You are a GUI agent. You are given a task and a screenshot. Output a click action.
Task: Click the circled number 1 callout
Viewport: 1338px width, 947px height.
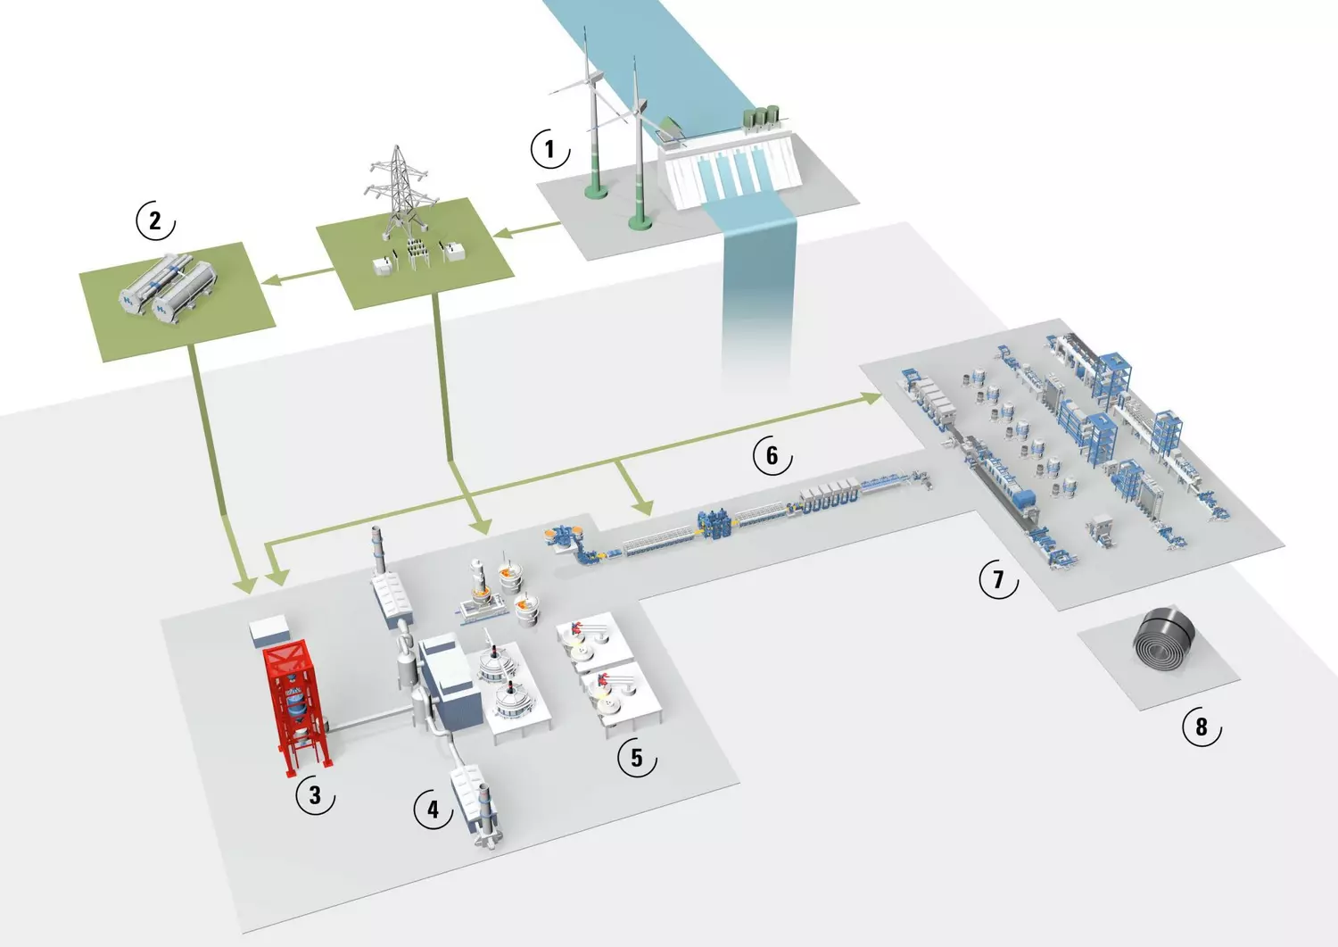pyautogui.click(x=549, y=148)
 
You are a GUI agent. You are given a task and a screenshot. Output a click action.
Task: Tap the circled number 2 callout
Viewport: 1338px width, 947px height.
pyautogui.click(x=155, y=220)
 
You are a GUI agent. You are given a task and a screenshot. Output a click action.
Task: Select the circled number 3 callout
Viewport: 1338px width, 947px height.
pyautogui.click(x=314, y=794)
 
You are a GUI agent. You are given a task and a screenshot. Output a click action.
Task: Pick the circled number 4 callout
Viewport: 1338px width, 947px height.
pyautogui.click(x=433, y=810)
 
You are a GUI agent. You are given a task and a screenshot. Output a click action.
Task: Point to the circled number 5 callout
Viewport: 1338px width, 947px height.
pyautogui.click(x=636, y=758)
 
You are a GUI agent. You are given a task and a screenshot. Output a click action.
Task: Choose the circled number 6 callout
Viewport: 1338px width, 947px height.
pyautogui.click(x=772, y=456)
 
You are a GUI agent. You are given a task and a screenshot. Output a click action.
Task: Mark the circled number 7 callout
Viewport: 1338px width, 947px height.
pyautogui.click(x=998, y=580)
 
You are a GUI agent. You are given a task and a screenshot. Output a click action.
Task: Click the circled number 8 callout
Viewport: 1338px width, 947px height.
pyautogui.click(x=1201, y=727)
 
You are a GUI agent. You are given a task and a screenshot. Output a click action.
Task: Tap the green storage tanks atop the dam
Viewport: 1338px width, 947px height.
pyautogui.click(x=760, y=117)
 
